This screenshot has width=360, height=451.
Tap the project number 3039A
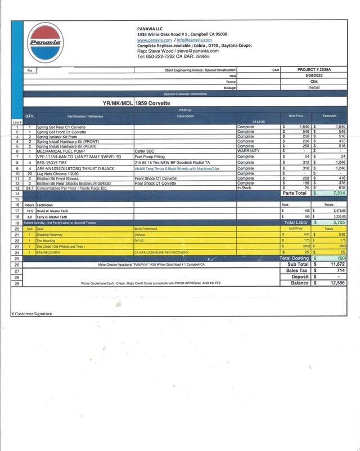[x=314, y=70]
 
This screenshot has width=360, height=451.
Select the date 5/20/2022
[x=314, y=75]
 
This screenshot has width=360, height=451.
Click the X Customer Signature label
[x=32, y=314]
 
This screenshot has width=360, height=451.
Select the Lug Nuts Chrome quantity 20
[x=30, y=175]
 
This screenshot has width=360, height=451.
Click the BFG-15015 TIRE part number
[x=56, y=162]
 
